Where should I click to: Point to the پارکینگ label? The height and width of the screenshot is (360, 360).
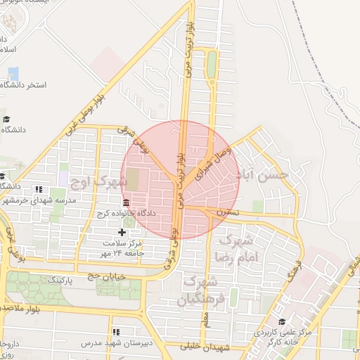coord(60,280)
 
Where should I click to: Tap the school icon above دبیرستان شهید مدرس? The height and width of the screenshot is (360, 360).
coord(115,331)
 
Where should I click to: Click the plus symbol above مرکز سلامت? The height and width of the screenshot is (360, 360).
coord(122,231)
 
